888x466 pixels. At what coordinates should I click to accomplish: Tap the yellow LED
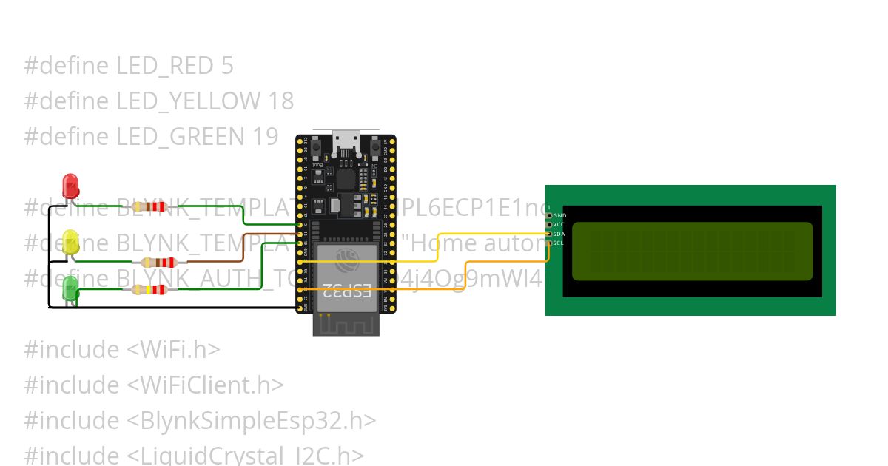70,242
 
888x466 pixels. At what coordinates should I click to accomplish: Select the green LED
70,288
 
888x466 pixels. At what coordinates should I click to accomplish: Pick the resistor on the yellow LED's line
155,262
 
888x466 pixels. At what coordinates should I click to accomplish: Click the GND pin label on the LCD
560,215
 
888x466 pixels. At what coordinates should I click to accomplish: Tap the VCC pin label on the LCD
559,224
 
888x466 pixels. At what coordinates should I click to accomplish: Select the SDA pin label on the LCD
559,234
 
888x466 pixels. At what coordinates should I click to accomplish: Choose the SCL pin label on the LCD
559,243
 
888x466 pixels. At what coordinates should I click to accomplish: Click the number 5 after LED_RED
226,66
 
